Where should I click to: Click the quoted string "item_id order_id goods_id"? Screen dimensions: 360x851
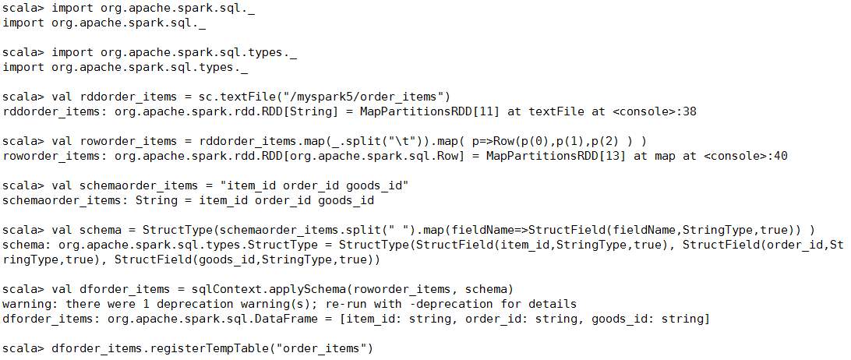pos(314,185)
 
